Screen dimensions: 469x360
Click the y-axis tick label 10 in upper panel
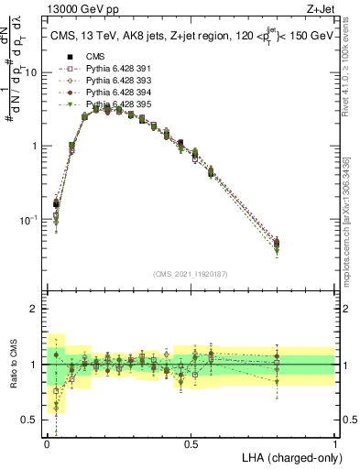click(34, 71)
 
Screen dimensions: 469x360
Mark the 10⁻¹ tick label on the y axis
click(31, 220)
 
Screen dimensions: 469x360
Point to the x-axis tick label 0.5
click(191, 443)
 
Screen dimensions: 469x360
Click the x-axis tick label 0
click(47, 443)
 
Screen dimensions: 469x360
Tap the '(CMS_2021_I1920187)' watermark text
click(191, 274)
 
